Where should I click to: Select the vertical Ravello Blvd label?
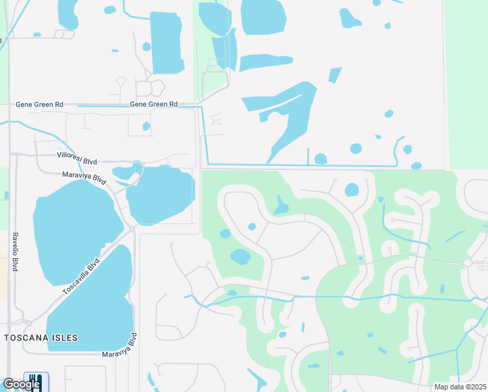14,252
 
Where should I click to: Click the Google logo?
21,384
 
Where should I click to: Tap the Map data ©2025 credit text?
460,387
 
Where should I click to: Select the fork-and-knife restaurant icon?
33,382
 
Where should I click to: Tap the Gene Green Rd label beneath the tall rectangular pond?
154,104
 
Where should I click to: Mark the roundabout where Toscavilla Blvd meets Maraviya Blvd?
132,229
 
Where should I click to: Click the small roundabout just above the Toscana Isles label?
29,323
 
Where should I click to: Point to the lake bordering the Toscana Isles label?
98,307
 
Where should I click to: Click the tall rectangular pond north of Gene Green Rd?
166,42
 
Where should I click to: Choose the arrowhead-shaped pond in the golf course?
281,206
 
